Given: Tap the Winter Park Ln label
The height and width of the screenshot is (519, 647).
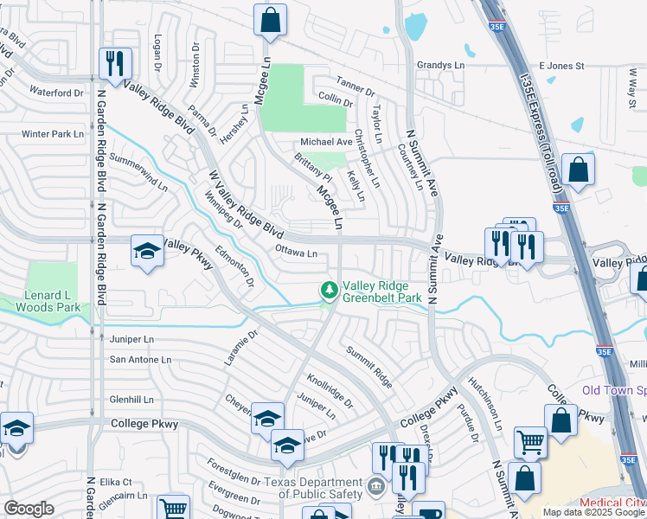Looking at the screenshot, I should point(53,134).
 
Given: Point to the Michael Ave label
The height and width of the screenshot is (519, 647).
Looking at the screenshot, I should point(326,142).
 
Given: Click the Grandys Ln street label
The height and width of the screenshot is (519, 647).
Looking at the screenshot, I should point(440,65).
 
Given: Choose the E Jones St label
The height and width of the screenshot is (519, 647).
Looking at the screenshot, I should point(561,66).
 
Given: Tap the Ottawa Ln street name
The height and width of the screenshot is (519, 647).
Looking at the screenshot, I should point(296,253).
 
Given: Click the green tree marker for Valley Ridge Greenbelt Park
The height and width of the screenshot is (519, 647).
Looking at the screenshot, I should point(329,290).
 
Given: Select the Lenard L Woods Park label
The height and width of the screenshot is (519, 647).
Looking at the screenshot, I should point(52,301).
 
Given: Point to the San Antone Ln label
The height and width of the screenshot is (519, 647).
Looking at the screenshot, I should point(140,359).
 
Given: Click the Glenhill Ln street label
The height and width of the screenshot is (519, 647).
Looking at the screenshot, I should point(131,400).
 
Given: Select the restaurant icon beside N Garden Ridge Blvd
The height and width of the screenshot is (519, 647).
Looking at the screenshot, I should point(114,63).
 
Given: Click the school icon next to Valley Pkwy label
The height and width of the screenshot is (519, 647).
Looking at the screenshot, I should point(147,252).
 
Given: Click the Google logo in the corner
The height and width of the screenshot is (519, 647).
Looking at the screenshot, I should point(29,509).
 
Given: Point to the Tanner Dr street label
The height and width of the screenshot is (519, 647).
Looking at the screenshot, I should point(356,90).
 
